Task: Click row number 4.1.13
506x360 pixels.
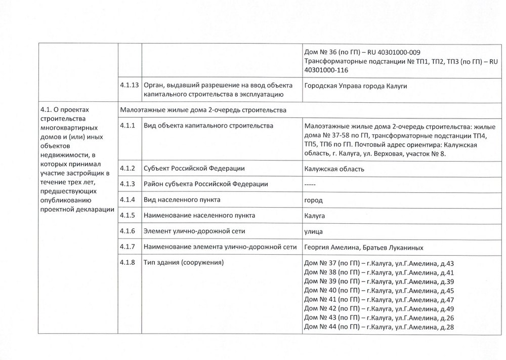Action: click(130, 85)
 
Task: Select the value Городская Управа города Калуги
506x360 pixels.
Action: click(356, 86)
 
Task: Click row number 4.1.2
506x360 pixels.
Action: click(128, 168)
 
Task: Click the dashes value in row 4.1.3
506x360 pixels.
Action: click(310, 184)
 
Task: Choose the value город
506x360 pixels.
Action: click(313, 200)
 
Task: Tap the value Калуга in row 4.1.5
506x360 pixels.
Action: click(314, 216)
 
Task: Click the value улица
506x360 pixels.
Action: click(314, 231)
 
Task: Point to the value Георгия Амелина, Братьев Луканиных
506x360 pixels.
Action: click(363, 247)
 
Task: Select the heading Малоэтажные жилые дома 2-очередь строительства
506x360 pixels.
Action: click(203, 110)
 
